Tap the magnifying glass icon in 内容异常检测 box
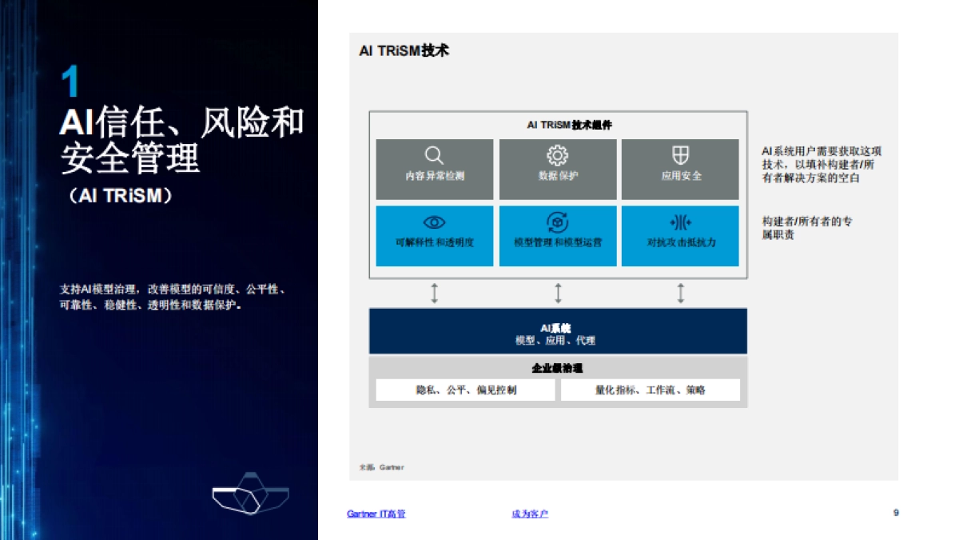click(x=434, y=155)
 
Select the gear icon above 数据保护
click(x=557, y=155)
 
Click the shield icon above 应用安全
click(x=681, y=155)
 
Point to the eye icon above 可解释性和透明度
click(x=434, y=222)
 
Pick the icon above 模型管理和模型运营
click(x=557, y=222)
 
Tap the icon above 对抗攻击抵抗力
click(x=681, y=222)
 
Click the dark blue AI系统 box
click(x=558, y=330)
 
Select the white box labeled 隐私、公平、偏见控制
click(x=466, y=390)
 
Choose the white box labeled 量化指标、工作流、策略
click(x=651, y=390)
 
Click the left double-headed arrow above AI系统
click(x=435, y=293)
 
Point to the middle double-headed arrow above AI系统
click(x=558, y=293)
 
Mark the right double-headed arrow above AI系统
click(x=681, y=293)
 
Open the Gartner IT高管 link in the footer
click(x=376, y=514)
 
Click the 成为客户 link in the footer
click(x=530, y=514)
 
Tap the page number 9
click(x=896, y=513)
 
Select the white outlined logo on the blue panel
click(x=249, y=497)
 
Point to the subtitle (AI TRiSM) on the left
click(x=121, y=196)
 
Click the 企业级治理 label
click(x=558, y=368)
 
